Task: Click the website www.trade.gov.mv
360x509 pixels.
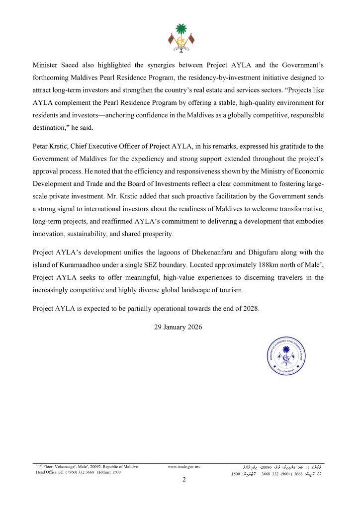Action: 184,467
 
